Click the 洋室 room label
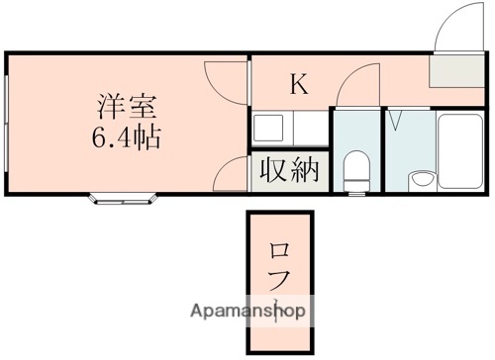(124, 103)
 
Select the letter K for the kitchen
(299, 85)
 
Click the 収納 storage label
(290, 170)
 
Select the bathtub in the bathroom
(456, 148)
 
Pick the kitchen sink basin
(268, 127)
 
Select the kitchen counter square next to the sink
(308, 127)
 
